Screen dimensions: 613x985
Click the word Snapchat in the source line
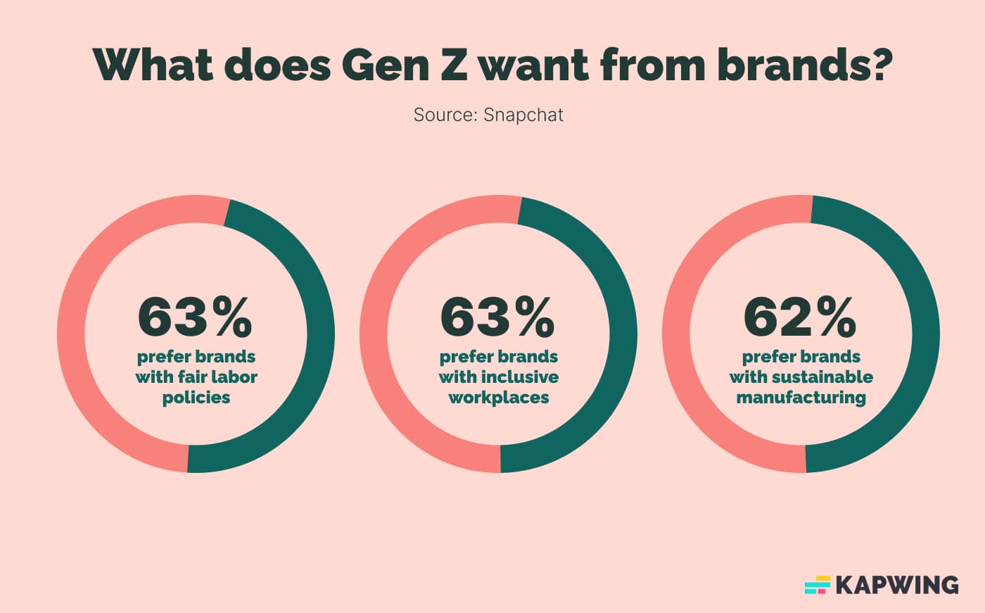click(523, 115)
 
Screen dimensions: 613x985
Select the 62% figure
click(800, 317)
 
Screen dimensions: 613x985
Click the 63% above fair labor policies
click(195, 317)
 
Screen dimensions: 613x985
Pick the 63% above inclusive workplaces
click(497, 317)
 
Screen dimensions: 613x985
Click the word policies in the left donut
click(196, 398)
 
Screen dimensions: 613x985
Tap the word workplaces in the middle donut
click(499, 398)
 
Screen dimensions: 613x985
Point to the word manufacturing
click(801, 398)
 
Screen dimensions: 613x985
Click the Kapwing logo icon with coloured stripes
click(818, 585)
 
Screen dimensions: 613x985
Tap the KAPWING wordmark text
click(897, 585)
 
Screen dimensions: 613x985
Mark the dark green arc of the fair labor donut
click(320, 334)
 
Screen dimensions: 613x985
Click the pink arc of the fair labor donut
click(71, 334)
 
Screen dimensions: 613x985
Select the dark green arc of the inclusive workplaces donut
click(623, 334)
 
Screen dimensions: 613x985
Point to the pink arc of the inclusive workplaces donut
click(374, 334)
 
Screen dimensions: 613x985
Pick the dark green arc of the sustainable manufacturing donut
click(925, 334)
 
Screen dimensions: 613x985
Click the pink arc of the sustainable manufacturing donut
click(676, 334)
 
